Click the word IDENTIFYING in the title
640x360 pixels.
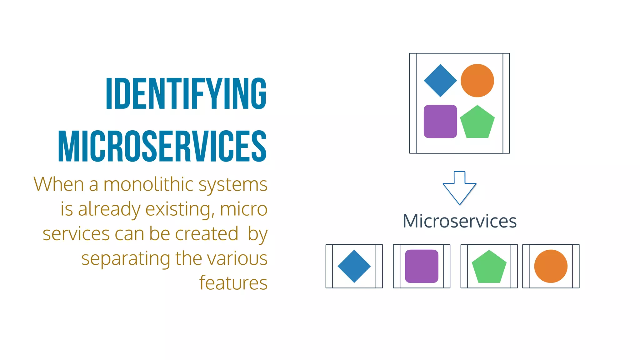coord(186,93)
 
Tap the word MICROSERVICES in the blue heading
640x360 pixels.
coord(162,146)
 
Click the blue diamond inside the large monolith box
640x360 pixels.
coord(440,81)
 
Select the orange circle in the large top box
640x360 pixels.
coord(477,81)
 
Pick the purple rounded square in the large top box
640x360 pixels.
coord(440,121)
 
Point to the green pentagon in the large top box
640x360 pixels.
coord(477,122)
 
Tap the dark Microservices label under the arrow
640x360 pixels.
coord(459,221)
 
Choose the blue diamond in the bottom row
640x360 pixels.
coord(354,266)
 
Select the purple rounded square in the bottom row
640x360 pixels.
coord(422,266)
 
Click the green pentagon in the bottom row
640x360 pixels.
coord(489,267)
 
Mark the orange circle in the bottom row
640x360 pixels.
coord(551,266)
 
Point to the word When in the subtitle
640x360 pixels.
coord(58,184)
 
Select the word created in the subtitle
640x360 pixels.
coord(207,234)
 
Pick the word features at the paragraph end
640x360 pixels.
coord(233,283)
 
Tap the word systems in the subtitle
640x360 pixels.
coord(233,185)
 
